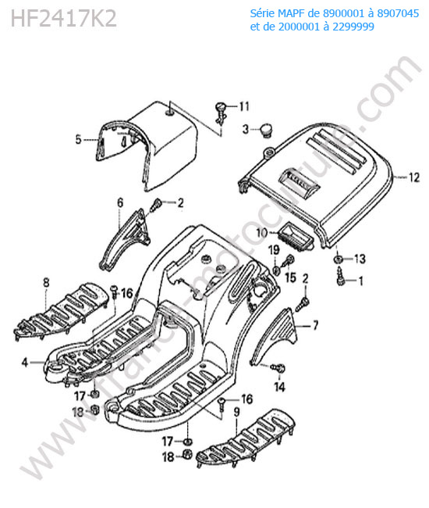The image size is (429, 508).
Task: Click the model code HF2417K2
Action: click(x=63, y=19)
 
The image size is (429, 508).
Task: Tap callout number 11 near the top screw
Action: click(x=244, y=106)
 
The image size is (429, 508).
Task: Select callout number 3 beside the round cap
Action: click(x=246, y=129)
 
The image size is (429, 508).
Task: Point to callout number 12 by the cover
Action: click(x=414, y=177)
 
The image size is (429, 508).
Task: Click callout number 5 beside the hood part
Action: click(x=78, y=139)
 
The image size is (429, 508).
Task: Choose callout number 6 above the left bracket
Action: click(x=120, y=203)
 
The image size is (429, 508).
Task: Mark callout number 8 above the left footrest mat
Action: click(x=46, y=282)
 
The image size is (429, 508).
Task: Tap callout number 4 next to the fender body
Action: click(x=25, y=362)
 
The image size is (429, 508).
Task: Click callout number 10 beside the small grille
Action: click(x=262, y=233)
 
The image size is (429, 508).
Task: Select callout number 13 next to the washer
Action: click(x=360, y=259)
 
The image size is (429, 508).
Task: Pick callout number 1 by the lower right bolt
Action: click(x=361, y=281)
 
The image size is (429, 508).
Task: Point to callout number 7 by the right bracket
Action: click(x=315, y=325)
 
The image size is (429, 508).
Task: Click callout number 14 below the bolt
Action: click(x=280, y=387)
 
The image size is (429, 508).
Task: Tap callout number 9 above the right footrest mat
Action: click(x=237, y=413)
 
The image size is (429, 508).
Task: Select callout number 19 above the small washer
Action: click(x=274, y=250)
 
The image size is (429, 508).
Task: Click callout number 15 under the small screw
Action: click(x=291, y=277)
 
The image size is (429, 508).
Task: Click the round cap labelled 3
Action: click(x=267, y=131)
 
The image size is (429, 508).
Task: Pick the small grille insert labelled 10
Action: click(x=295, y=238)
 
